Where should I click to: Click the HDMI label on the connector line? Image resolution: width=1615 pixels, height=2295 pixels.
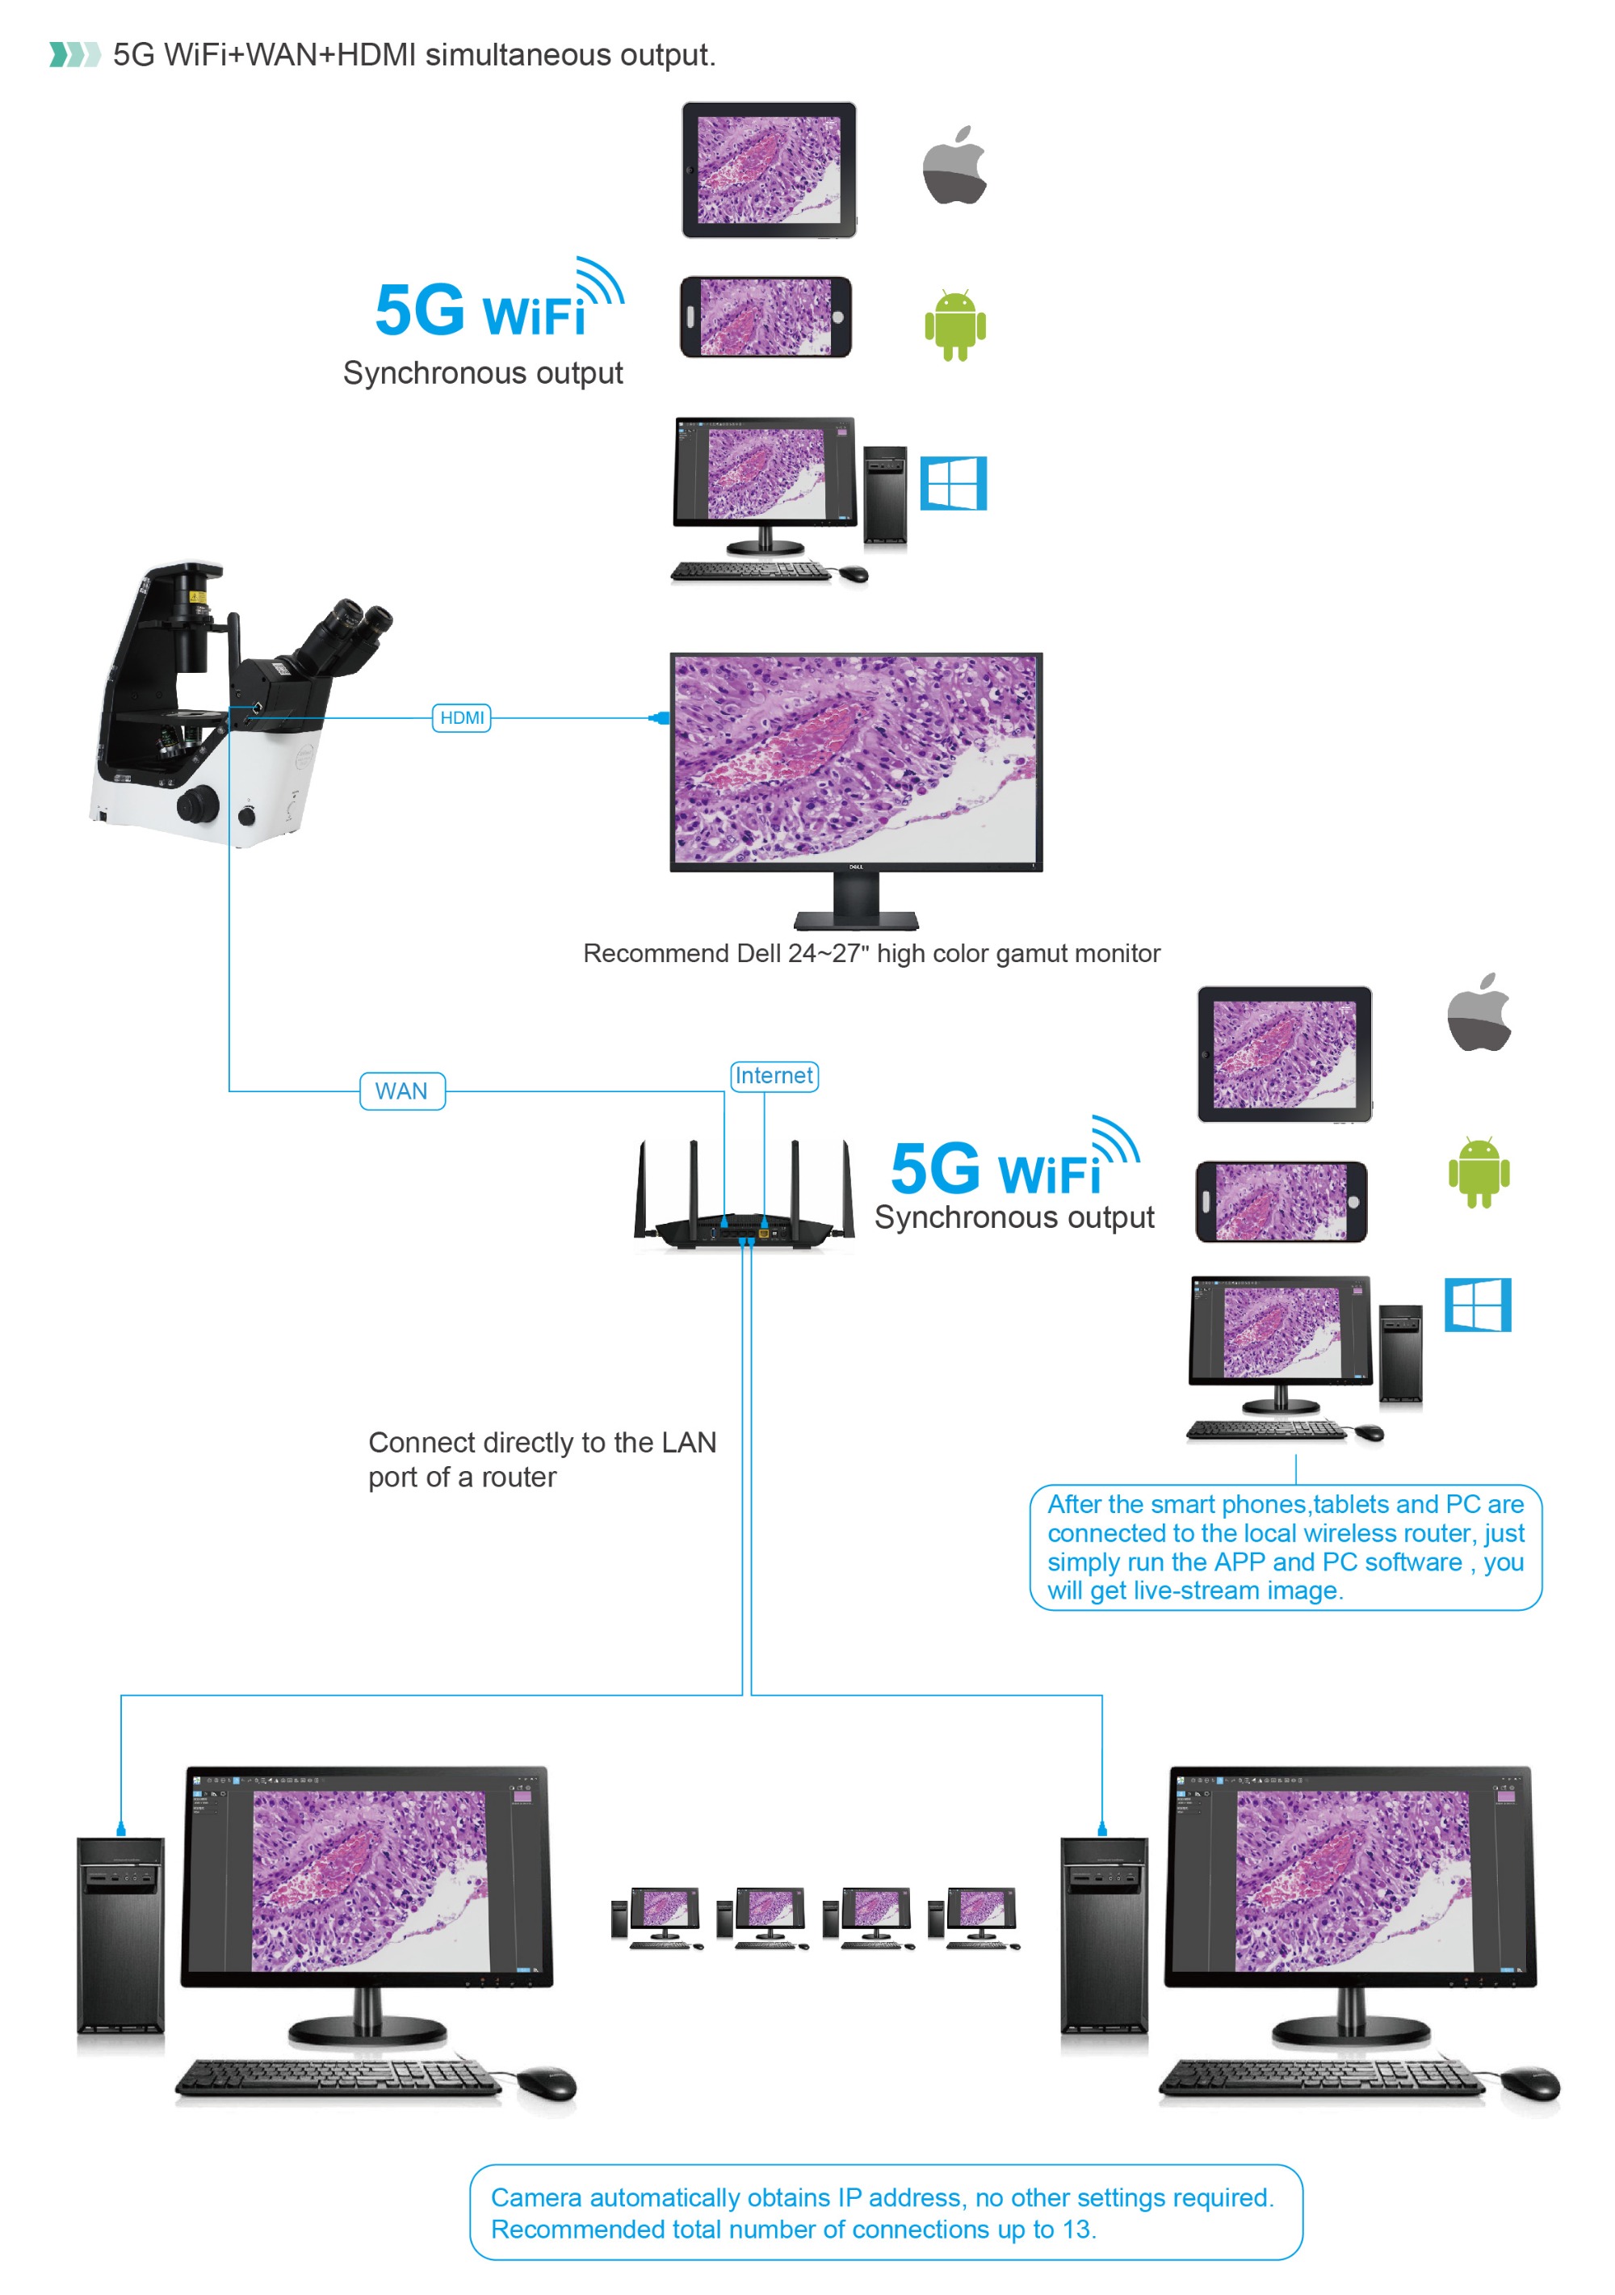click(x=461, y=717)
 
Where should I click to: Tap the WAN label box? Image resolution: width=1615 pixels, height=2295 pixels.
click(x=402, y=1091)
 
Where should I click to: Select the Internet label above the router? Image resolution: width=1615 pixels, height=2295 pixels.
click(x=774, y=1075)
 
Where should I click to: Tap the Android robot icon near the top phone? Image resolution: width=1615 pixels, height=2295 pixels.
click(x=954, y=325)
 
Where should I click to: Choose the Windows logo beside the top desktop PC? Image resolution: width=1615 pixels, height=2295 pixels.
click(x=954, y=484)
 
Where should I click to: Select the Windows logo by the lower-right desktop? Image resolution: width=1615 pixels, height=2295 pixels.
click(x=1478, y=1305)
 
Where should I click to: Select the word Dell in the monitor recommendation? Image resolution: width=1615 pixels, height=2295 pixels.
click(x=758, y=953)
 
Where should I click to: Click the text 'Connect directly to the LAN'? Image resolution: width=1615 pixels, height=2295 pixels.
click(x=542, y=1443)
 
